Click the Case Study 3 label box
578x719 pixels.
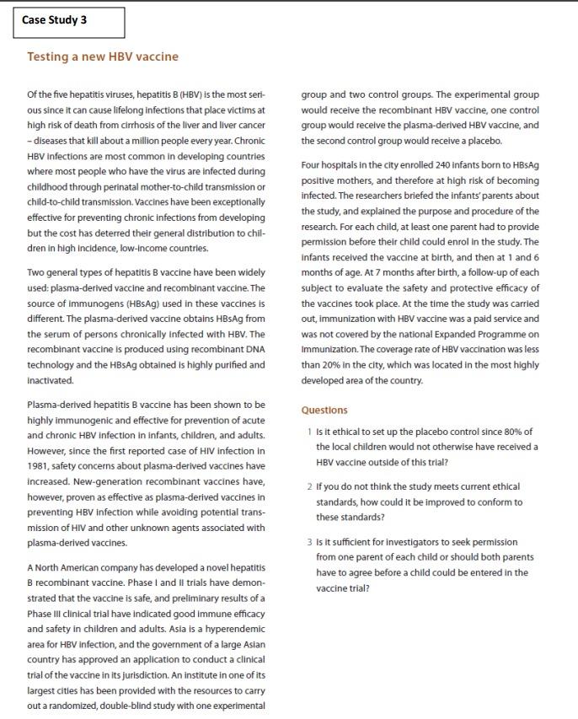68,22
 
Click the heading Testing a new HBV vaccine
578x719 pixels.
103,56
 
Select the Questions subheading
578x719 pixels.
324,410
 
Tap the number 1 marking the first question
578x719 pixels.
309,432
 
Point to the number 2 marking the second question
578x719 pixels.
309,487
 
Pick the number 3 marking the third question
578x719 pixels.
309,542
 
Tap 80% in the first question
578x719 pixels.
502,432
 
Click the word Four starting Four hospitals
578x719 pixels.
313,165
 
